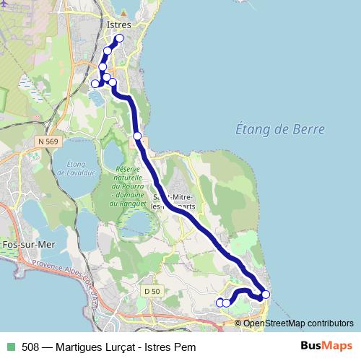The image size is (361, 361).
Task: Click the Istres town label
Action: tap(118, 25)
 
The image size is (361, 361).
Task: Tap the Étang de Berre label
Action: tap(280, 129)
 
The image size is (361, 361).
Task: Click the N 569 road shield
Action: tap(48, 142)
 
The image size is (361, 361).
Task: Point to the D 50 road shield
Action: tap(151, 290)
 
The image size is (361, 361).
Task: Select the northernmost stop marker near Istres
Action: tap(119, 38)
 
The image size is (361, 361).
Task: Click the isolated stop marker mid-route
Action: tap(137, 136)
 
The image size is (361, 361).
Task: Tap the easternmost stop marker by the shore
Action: tap(266, 294)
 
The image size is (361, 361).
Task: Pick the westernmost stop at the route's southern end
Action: tap(220, 303)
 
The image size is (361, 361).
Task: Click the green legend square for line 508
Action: tap(9, 347)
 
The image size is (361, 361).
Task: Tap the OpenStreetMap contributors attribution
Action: tap(298, 323)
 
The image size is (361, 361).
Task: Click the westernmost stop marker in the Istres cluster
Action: tap(95, 84)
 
